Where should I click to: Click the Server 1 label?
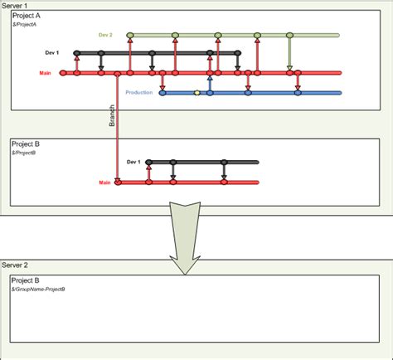[17, 5]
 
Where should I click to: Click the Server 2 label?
[17, 264]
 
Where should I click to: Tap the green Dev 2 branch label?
[105, 35]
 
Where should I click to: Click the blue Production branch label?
[138, 92]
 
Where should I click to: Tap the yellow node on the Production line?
[196, 93]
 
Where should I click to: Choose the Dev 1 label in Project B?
[133, 163]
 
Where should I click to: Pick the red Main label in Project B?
[104, 182]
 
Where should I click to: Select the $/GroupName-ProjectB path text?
[39, 289]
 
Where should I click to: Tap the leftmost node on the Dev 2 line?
[130, 36]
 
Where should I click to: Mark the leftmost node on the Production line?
[162, 93]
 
